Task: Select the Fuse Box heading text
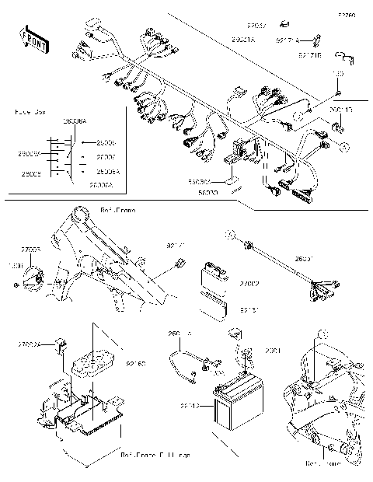[30, 112]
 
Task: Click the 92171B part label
[309, 55]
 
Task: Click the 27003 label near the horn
[31, 250]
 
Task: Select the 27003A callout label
[30, 343]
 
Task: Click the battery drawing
[232, 404]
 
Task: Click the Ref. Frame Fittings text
[155, 453]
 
